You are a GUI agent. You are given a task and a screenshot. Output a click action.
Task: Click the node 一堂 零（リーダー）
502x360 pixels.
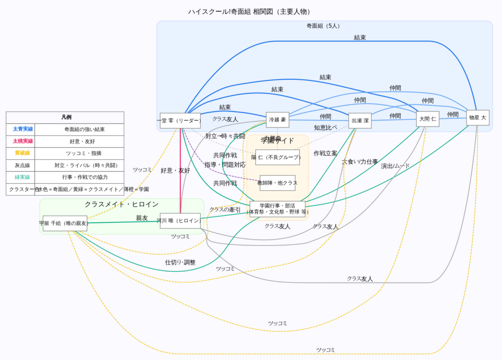coord(180,120)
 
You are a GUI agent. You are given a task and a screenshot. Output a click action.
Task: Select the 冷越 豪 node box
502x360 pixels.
coord(277,120)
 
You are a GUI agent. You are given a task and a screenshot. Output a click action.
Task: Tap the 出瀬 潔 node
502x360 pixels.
coord(360,120)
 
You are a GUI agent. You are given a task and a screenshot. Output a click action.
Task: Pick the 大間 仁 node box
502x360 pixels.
coord(427,119)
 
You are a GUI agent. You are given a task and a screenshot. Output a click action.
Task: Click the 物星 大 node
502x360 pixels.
coord(478,118)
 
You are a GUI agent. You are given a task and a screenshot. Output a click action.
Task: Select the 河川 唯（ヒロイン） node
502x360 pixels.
coord(179,220)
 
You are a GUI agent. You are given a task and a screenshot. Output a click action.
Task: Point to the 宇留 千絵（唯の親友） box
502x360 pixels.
coord(65,223)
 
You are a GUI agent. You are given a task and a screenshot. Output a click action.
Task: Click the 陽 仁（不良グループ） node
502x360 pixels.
coord(277,157)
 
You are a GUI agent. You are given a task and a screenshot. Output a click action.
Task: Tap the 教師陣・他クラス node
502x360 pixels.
coord(277,183)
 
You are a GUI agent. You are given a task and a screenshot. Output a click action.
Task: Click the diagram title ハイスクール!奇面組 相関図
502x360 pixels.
coord(251,12)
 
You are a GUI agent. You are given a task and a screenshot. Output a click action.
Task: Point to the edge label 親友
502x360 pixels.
coord(142,218)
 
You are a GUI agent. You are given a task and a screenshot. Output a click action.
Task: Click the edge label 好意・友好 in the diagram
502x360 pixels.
coord(175,170)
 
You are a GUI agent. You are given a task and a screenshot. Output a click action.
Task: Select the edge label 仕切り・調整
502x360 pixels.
coord(180,263)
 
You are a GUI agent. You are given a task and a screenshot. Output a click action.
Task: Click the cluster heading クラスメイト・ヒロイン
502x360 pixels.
coord(122,204)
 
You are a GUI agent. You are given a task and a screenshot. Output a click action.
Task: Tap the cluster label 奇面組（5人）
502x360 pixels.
coord(324,26)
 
